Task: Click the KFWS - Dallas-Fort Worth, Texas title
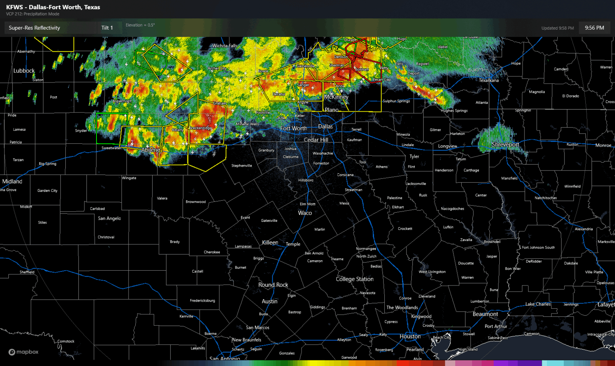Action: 53,7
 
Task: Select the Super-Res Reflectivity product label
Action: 34,28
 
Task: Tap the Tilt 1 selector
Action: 107,28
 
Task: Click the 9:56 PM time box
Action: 594,28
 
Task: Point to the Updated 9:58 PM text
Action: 557,28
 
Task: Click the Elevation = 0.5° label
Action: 140,25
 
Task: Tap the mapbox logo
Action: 24,352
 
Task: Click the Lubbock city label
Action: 24,70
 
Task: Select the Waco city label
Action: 305,213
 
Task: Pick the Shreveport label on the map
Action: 505,145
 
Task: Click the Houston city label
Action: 410,336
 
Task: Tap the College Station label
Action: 354,279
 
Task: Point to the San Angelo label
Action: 109,218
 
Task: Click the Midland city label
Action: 12,181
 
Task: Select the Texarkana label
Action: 489,80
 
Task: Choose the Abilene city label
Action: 151,150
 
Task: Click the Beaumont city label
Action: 485,314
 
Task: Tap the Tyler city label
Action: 414,157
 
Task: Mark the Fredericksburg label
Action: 202,301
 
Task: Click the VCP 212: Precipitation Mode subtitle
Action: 32,14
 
